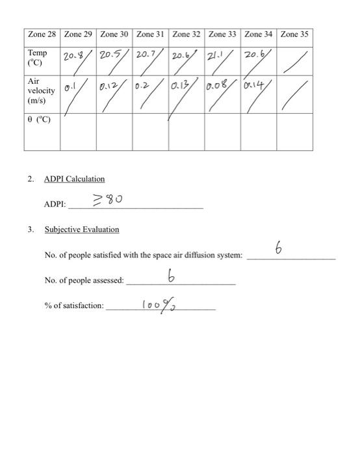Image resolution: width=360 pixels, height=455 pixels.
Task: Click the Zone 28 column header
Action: tap(42, 34)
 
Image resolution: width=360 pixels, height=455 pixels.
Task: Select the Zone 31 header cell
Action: tap(151, 34)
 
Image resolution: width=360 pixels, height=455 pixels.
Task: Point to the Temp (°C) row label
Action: tap(37, 58)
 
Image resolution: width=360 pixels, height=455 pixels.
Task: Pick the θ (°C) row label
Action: tap(38, 120)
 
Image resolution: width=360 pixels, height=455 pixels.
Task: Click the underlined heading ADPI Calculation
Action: tap(74, 179)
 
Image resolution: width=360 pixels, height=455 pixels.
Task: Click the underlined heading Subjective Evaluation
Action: tap(82, 229)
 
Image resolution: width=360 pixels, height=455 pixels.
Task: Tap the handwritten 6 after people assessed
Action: tap(172, 277)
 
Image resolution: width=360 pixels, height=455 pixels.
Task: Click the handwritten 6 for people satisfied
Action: tap(279, 249)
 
